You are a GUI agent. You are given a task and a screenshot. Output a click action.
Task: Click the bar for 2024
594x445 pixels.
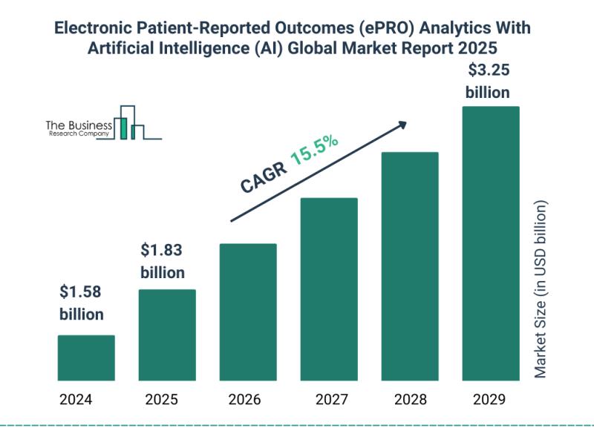pos(86,357)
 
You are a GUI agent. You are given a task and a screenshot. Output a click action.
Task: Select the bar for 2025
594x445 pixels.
pos(167,334)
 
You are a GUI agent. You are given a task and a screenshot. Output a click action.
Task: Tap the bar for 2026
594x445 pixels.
pos(248,311)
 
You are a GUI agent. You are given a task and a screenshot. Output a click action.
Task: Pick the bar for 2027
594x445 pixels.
pos(329,289)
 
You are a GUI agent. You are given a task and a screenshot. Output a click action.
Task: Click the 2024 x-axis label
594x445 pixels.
pos(76,400)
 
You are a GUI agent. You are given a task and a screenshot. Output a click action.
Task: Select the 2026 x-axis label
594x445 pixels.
pos(244,400)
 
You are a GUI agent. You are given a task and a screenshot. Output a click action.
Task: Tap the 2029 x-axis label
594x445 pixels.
pos(489,400)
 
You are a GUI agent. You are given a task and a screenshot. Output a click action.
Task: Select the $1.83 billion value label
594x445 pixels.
pos(163,260)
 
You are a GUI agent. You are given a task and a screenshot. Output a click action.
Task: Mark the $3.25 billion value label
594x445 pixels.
pos(487,82)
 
